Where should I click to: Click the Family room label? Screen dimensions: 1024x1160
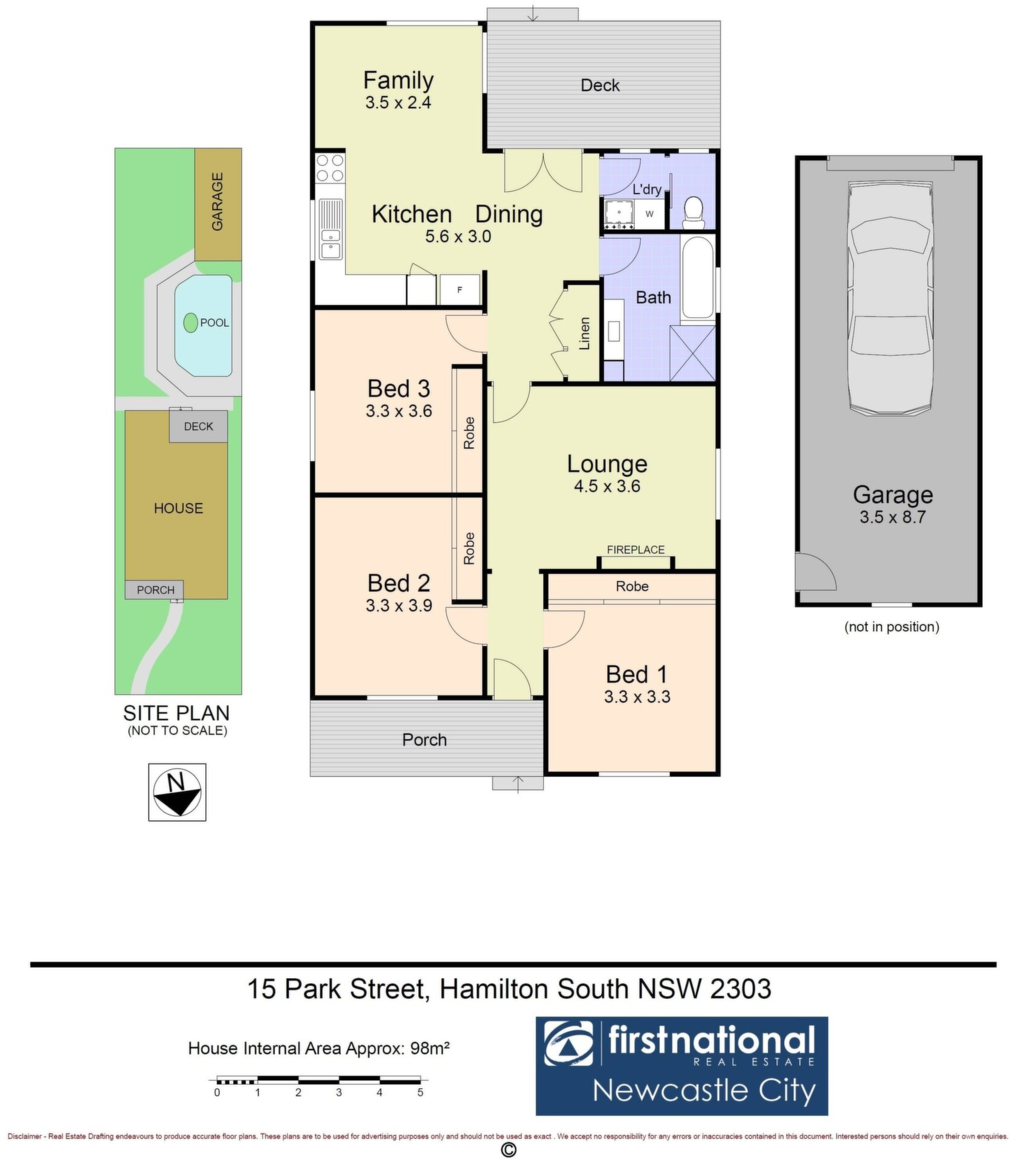(398, 80)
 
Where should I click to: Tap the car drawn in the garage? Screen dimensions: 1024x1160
(890, 298)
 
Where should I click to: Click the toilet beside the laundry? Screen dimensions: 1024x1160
(694, 213)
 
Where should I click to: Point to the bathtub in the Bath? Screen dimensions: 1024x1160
(697, 279)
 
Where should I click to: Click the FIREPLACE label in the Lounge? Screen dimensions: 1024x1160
(636, 550)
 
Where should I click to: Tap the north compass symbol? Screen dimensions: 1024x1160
(177, 792)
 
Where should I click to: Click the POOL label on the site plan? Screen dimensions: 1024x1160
(214, 323)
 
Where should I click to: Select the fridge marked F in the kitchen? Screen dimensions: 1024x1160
(459, 290)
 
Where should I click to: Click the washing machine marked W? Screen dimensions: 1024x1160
(649, 214)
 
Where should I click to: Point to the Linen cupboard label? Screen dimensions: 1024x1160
(584, 334)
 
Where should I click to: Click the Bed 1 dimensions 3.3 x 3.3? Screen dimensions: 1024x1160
(637, 697)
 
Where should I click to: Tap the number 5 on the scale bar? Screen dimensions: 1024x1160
(420, 1092)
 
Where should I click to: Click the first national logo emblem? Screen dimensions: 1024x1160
(568, 1044)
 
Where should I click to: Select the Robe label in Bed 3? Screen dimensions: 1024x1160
(469, 433)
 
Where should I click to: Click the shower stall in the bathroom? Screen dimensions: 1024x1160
(692, 353)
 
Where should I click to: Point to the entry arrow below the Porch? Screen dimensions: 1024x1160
(518, 784)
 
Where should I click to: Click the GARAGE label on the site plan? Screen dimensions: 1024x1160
(217, 202)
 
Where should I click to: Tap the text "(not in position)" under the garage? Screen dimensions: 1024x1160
(892, 627)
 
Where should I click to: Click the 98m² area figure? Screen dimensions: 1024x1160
(430, 1048)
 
